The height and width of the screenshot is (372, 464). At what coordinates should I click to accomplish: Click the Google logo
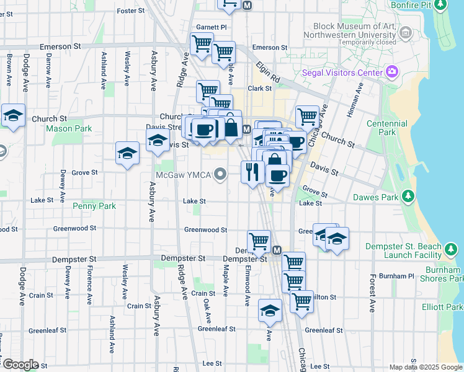pos(20,365)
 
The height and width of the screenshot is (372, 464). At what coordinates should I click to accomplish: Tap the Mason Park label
pos(69,129)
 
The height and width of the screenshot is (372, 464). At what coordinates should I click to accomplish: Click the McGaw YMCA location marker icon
pos(220,174)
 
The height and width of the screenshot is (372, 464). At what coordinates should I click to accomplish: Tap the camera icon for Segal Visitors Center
pos(391,73)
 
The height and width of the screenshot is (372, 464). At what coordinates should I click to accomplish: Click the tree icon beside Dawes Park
pos(408,198)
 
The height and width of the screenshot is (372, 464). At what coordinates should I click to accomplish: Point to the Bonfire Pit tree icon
pos(440,6)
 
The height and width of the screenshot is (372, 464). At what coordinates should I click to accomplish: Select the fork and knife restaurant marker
pos(251,170)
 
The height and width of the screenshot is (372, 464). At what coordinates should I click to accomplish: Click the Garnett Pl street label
pos(212,28)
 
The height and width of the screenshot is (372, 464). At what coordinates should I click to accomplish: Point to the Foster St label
pos(130,11)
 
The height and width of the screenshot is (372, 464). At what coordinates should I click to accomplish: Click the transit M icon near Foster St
pos(247,5)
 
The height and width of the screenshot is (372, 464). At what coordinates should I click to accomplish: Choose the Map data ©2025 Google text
pos(425,367)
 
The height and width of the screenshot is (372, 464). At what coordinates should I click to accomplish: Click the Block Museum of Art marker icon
pos(406,33)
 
